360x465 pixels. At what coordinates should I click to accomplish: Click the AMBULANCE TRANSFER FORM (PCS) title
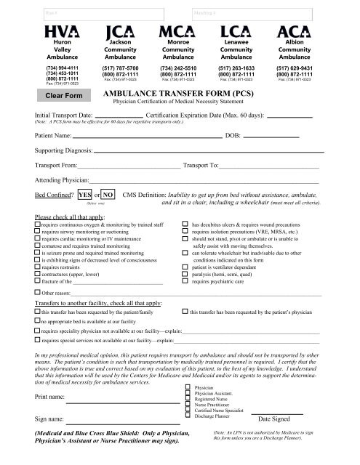tap(180, 95)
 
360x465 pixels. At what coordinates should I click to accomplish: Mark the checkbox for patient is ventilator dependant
tap(185, 267)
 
